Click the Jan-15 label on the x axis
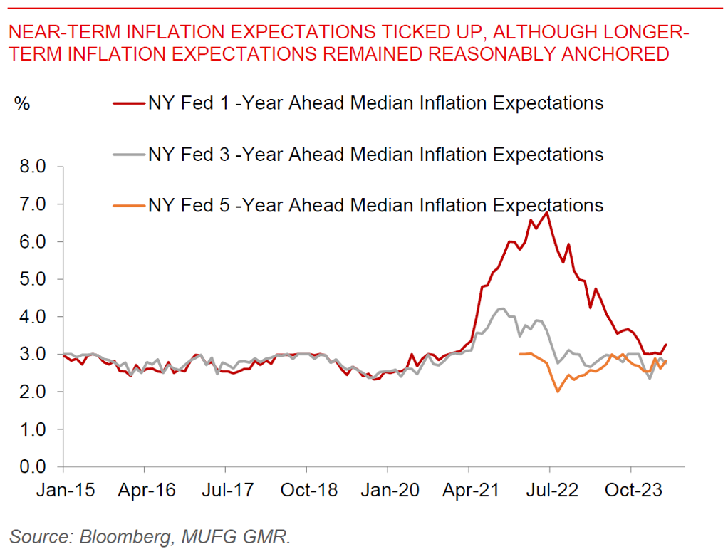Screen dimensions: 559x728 coord(63,491)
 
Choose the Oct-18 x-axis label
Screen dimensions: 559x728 coord(306,491)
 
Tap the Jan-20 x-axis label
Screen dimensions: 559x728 coord(388,491)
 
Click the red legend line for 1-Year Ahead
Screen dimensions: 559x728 coord(129,103)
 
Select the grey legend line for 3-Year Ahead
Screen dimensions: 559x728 coord(129,155)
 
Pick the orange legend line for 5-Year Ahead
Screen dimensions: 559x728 coord(129,206)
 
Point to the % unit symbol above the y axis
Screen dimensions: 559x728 coord(21,103)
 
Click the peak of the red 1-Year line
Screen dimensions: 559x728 coord(546,212)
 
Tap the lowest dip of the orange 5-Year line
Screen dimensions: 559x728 coord(557,392)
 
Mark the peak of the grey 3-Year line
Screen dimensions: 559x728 coord(502,309)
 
